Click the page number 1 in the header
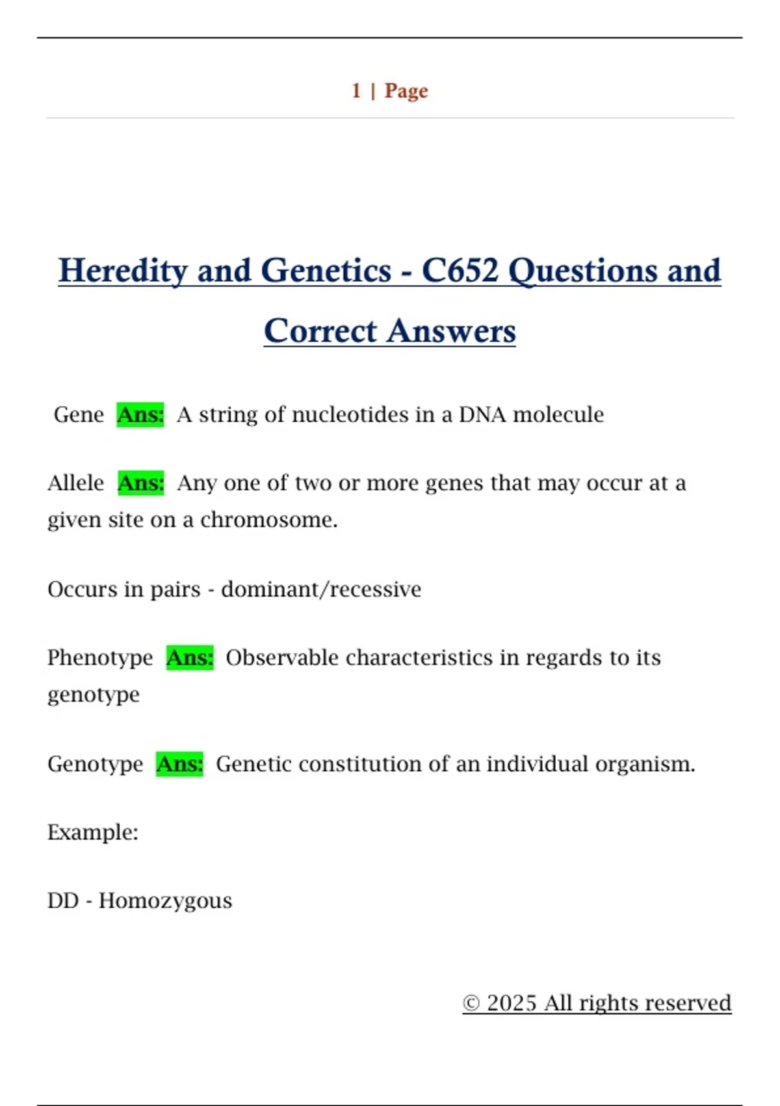(356, 91)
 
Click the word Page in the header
(406, 92)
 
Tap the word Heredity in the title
(123, 271)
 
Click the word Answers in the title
(451, 330)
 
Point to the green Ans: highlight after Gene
(140, 415)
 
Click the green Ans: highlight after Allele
(140, 483)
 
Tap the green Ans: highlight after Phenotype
(190, 658)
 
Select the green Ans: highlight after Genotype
(179, 764)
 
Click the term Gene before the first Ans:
(79, 415)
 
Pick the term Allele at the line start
(75, 483)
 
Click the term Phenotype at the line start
(100, 658)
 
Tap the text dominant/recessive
(321, 589)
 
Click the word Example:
(93, 833)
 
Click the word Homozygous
(165, 902)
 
